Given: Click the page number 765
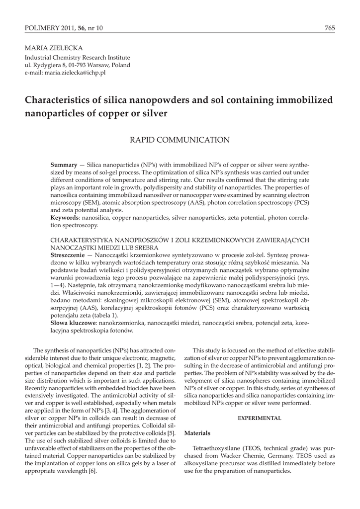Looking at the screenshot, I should pos(330,29).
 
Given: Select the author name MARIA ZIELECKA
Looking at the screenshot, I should pos(50,50).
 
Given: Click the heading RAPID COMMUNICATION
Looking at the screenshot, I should pos(180,140).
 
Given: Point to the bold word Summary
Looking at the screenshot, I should pos(64,165).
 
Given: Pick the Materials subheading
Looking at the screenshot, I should pos(197,433).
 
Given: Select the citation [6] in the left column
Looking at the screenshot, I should pos(92,471).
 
